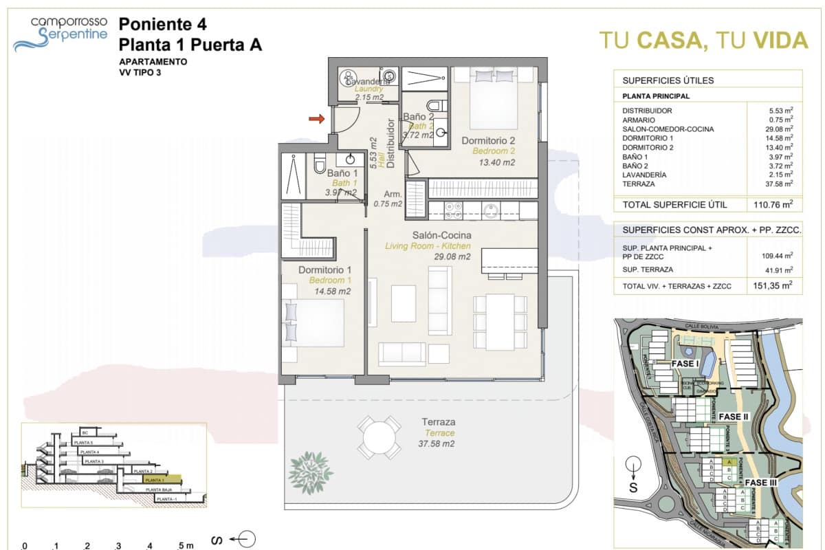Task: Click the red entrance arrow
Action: [x=316, y=120]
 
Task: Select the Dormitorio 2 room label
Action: [x=488, y=141]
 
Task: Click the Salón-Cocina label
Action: [x=427, y=235]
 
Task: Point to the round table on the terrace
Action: [x=379, y=437]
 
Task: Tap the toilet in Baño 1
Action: [x=319, y=165]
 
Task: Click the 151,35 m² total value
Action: [x=769, y=285]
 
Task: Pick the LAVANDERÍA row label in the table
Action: [x=645, y=175]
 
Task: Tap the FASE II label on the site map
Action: [x=734, y=417]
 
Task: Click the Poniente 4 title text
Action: [x=162, y=25]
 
